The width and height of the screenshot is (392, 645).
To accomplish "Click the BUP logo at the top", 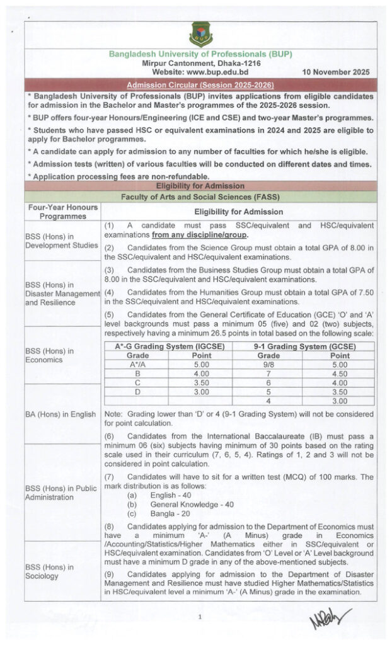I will [200, 35].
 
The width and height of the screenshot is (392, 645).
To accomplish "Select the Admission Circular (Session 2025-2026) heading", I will [200, 84].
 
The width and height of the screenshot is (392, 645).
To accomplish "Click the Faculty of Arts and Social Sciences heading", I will [200, 197].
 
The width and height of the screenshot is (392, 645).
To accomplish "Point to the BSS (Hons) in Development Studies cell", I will [62, 241].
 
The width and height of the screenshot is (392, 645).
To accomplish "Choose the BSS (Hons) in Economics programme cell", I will [62, 355].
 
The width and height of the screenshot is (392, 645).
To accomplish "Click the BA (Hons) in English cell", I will [62, 414].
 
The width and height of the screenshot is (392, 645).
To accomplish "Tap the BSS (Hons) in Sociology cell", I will [62, 571].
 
